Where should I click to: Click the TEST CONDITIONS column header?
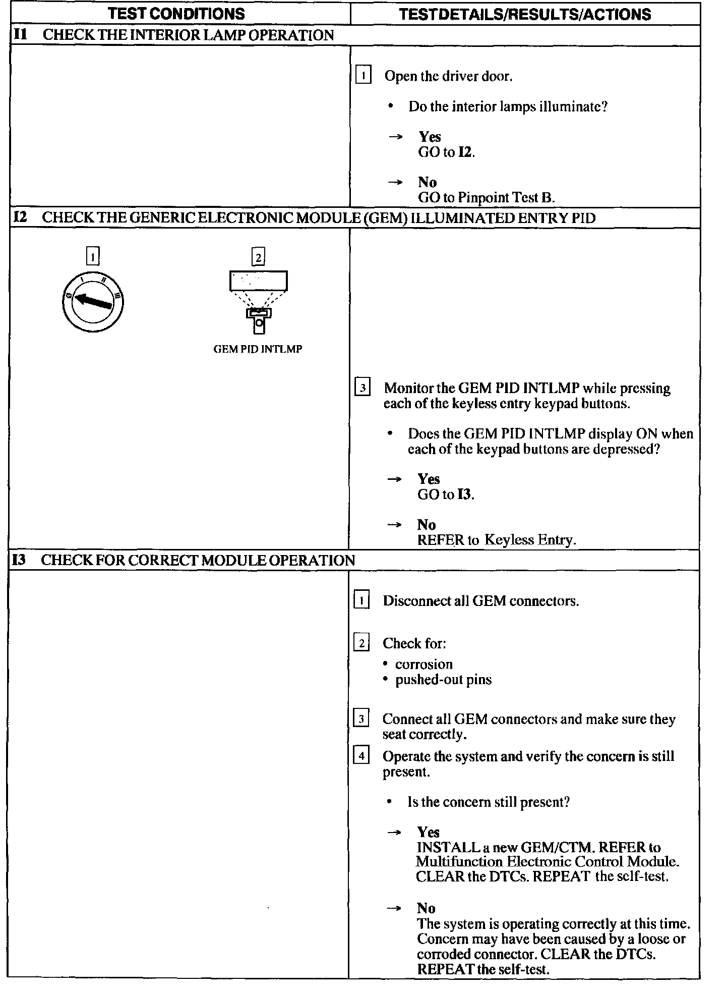pyautogui.click(x=176, y=14)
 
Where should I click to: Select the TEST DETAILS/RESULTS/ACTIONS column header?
pyautogui.click(x=525, y=14)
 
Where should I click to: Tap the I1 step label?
pyautogui.click(x=20, y=35)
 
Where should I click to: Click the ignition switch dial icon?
pyautogui.click(x=93, y=302)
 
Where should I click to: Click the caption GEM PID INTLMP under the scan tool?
pyautogui.click(x=258, y=349)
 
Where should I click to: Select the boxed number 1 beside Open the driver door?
pyautogui.click(x=363, y=76)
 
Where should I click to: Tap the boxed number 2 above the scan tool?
pyautogui.click(x=258, y=257)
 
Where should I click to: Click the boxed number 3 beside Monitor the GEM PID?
pyautogui.click(x=362, y=388)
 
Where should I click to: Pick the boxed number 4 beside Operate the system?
pyautogui.click(x=361, y=756)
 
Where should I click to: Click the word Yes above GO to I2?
pyautogui.click(x=430, y=137)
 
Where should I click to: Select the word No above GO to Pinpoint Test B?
pyautogui.click(x=427, y=182)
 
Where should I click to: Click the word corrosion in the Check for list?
pyautogui.click(x=423, y=664)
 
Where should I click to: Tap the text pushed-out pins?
pyautogui.click(x=443, y=680)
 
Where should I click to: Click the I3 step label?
pyautogui.click(x=19, y=560)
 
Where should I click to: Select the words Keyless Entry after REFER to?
pyautogui.click(x=529, y=540)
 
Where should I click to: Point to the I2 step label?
pyautogui.click(x=20, y=217)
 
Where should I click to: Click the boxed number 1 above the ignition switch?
pyautogui.click(x=93, y=257)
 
